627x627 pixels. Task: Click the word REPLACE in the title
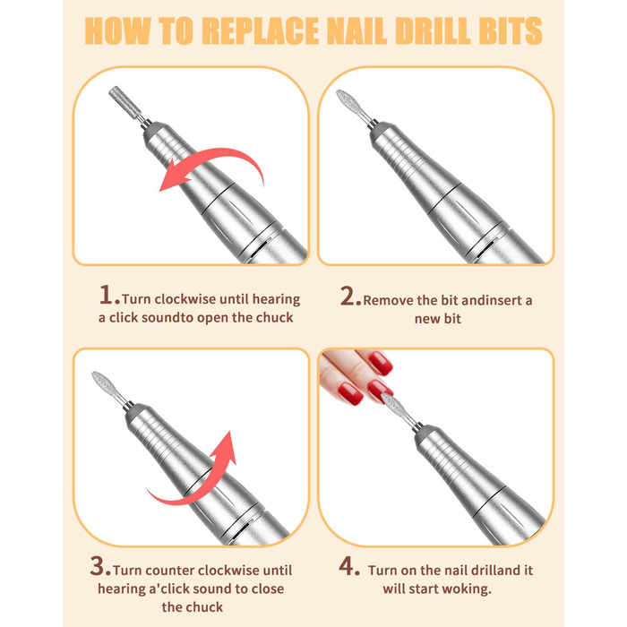tap(261, 30)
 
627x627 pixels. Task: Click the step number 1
tap(107, 295)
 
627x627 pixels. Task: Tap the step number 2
tap(349, 296)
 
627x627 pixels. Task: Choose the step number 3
tap(99, 566)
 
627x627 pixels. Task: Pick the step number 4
tap(348, 566)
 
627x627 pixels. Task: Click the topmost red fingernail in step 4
tap(380, 363)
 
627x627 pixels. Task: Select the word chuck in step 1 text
tap(274, 317)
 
